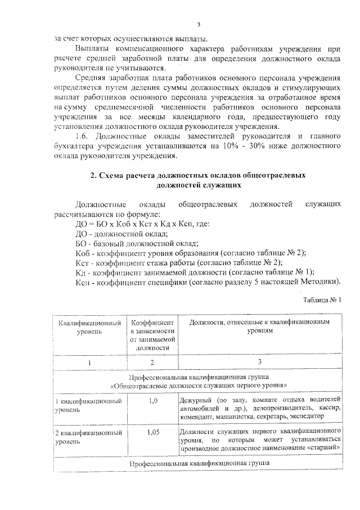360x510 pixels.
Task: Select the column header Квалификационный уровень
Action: (90, 327)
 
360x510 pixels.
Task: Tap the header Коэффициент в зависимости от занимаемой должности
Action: (153, 335)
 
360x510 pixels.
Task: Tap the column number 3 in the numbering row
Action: (259, 362)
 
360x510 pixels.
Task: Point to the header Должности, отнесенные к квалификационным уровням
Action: (259, 327)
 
